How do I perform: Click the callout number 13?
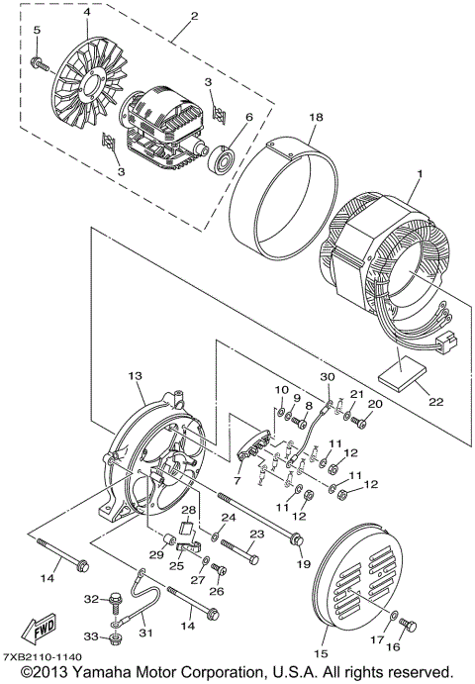coord(136,375)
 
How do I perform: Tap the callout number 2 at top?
coord(195,16)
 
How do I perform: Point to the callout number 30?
coord(328,376)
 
